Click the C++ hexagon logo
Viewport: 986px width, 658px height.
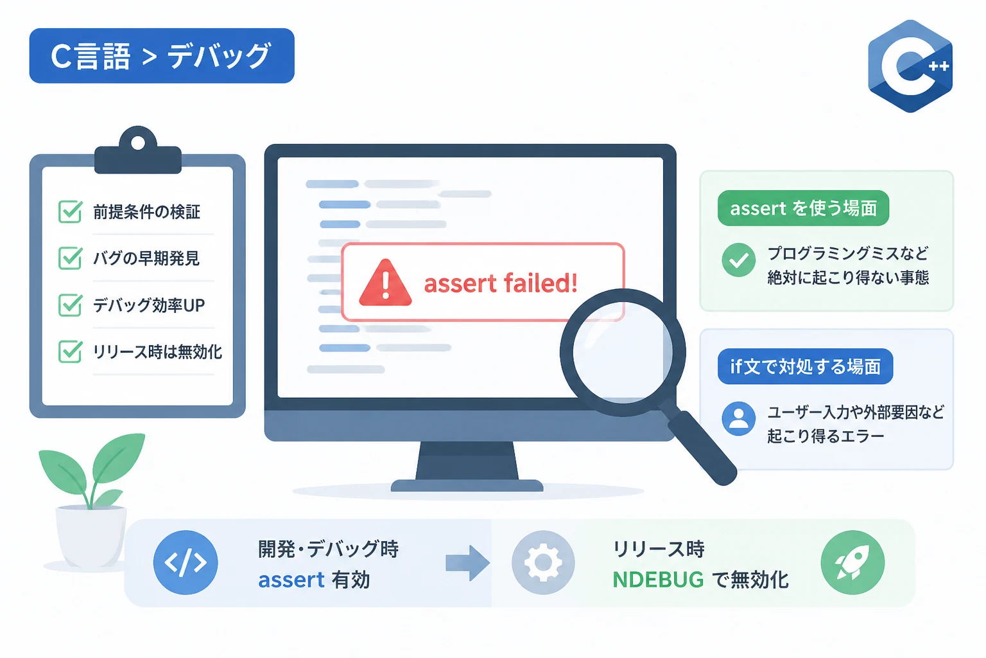(910, 66)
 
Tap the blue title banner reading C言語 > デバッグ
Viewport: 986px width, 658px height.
(162, 56)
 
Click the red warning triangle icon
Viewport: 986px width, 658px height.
(385, 283)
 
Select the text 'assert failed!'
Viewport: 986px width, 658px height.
(501, 283)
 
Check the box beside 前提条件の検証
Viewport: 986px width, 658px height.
(70, 211)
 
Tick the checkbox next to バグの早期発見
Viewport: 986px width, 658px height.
(70, 258)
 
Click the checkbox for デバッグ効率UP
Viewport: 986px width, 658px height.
(70, 305)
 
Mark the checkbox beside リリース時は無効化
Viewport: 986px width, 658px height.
(70, 351)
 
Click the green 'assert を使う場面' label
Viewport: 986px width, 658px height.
(803, 208)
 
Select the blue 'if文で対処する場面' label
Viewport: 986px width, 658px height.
(805, 367)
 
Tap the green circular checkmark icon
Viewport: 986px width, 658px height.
(739, 260)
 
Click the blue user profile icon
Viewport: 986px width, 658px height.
(739, 419)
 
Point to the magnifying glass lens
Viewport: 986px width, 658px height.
(623, 353)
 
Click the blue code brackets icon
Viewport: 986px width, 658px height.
(186, 563)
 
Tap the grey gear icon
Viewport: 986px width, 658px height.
(543, 563)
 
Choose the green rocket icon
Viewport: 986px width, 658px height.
(852, 563)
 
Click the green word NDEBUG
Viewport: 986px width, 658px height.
(658, 580)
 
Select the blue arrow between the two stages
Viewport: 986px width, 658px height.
(467, 563)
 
